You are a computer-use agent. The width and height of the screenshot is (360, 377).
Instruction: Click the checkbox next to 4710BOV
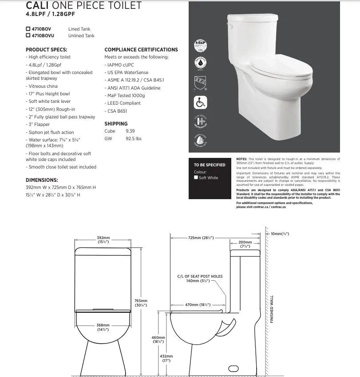click(x=28, y=29)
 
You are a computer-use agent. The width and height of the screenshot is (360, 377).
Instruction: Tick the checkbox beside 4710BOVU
click(x=28, y=35)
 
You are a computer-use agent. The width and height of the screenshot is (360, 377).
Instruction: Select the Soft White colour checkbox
click(x=196, y=178)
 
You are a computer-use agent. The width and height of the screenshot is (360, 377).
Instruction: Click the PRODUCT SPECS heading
click(x=47, y=50)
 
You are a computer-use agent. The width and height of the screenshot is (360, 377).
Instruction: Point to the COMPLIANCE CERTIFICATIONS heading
click(x=141, y=50)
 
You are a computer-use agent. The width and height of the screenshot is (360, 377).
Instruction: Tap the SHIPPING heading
click(x=116, y=124)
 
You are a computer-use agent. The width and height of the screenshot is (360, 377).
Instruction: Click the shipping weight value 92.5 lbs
click(x=133, y=139)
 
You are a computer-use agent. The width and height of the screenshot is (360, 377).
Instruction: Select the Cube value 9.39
click(x=130, y=131)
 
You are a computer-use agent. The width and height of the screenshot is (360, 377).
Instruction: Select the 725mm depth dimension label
click(x=200, y=238)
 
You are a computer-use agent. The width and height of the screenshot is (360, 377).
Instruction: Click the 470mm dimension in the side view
click(x=198, y=305)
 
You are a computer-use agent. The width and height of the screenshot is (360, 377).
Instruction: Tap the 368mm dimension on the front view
click(x=103, y=327)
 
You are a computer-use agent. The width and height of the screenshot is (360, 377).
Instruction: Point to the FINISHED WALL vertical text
click(x=272, y=309)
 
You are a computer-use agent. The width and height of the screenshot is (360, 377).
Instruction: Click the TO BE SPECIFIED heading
click(x=210, y=165)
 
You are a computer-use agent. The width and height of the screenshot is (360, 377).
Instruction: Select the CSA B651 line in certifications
click(x=117, y=111)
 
